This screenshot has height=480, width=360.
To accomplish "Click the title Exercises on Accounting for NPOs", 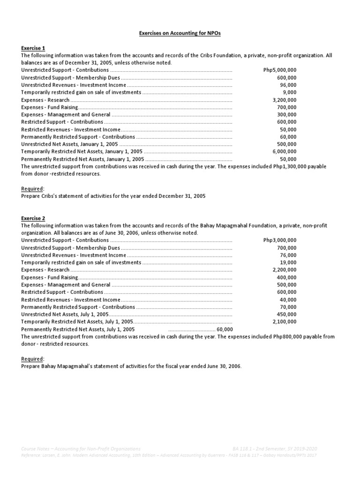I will coord(180,34).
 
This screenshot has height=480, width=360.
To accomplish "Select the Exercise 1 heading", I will coord(33,48).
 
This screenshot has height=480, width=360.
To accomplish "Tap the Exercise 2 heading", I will coord(33,218).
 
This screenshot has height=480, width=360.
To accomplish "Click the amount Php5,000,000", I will coord(280,70).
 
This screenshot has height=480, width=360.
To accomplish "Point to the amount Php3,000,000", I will coord(280,240).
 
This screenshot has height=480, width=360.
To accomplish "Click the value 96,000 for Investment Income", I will coord(288,85).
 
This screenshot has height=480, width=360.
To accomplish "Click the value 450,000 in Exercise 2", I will coord(286,314).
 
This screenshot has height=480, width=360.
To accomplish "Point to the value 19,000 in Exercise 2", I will coord(288,262).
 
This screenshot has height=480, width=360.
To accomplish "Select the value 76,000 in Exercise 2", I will coord(288,255).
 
